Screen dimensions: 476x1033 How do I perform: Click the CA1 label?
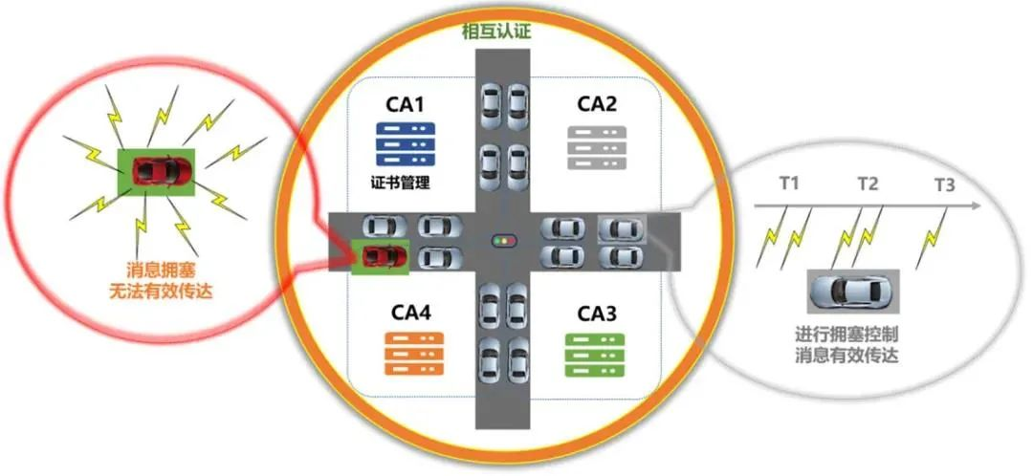(x=406, y=103)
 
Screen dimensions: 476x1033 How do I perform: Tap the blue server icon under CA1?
(x=405, y=143)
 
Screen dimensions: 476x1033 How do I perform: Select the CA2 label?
(x=597, y=103)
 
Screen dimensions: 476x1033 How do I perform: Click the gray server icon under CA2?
(x=596, y=146)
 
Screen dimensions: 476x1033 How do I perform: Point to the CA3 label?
(x=597, y=314)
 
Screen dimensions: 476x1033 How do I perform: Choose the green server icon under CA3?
(x=594, y=354)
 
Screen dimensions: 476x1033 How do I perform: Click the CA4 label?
(x=409, y=313)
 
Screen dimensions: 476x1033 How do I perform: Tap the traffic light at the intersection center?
(x=501, y=239)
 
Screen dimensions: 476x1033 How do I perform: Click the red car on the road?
(x=382, y=256)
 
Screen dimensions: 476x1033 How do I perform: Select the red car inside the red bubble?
(x=156, y=169)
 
